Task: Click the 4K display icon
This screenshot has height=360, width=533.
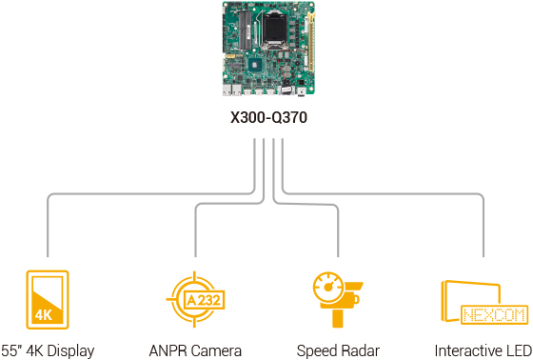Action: [x=47, y=299]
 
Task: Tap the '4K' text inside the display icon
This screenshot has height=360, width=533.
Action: [x=44, y=314]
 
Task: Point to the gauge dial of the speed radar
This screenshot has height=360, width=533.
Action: [x=329, y=285]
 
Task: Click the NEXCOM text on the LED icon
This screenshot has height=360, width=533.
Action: [x=484, y=313]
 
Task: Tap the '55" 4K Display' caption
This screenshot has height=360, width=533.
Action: [x=48, y=350]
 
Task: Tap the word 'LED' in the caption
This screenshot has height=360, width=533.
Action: [x=518, y=350]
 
